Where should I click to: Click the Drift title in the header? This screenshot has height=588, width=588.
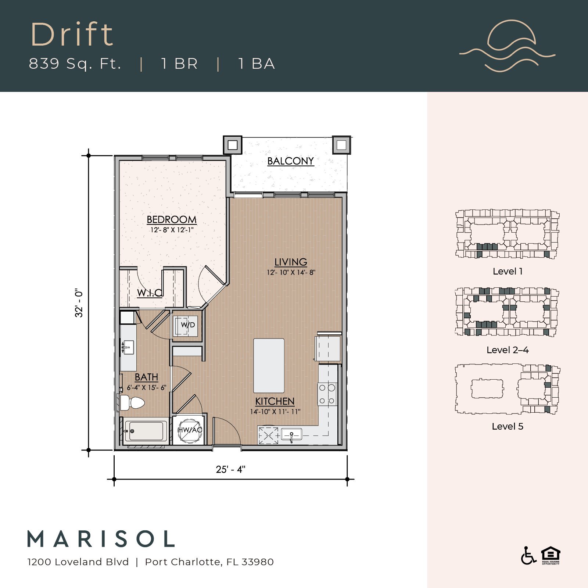pyautogui.click(x=72, y=35)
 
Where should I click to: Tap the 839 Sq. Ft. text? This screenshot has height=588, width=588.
pyautogui.click(x=75, y=64)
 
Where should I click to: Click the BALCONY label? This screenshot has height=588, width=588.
pyautogui.click(x=290, y=161)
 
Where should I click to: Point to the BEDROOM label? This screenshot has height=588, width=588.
pyautogui.click(x=171, y=220)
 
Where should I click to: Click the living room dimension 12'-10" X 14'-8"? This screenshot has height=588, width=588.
pyautogui.click(x=291, y=272)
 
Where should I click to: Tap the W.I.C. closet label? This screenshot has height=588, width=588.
pyautogui.click(x=150, y=293)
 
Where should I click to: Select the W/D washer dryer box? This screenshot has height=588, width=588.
pyautogui.click(x=187, y=325)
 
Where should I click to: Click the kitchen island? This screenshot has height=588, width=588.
pyautogui.click(x=269, y=366)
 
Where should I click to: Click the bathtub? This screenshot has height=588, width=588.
pyautogui.click(x=145, y=431)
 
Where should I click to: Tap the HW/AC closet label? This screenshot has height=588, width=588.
pyautogui.click(x=190, y=430)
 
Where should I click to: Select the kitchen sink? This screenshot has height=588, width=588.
pyautogui.click(x=291, y=434)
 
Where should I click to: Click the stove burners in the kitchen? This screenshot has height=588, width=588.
pyautogui.click(x=327, y=394)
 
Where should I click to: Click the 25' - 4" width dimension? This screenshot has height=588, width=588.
pyautogui.click(x=230, y=469)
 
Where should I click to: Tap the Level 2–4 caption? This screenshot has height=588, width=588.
pyautogui.click(x=507, y=350)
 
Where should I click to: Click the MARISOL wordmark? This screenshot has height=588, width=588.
pyautogui.click(x=101, y=539)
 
